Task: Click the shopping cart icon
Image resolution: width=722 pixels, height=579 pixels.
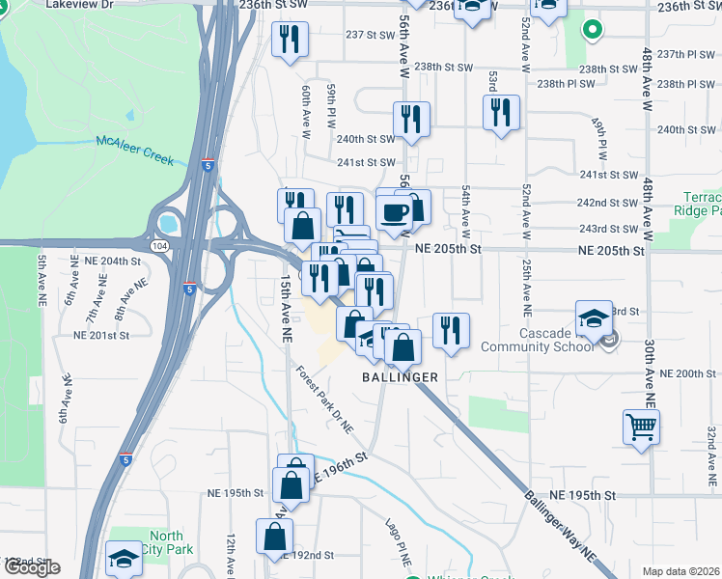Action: [x=642, y=426]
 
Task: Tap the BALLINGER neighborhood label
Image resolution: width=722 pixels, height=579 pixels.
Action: [x=401, y=376]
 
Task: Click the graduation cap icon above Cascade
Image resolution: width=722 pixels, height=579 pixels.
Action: [x=594, y=317]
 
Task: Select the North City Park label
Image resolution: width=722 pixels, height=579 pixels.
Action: [x=165, y=543]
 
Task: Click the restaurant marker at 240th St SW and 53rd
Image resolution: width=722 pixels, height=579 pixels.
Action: [x=500, y=113]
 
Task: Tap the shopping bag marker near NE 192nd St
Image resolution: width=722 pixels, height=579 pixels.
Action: [x=274, y=536]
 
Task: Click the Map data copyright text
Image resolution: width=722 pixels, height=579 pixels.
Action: [x=680, y=571]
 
